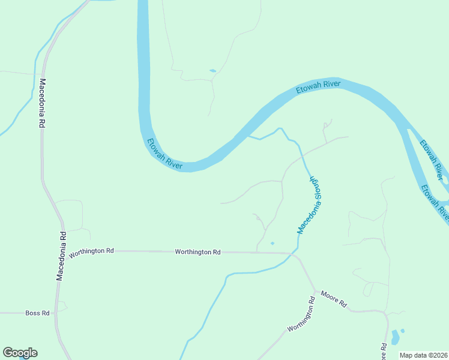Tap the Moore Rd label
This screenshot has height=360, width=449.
point(334,298)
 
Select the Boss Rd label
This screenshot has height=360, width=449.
point(36,313)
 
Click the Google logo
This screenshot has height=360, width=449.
point(20,353)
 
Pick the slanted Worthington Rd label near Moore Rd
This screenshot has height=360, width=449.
point(301,315)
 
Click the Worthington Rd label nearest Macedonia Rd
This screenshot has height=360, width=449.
point(91,253)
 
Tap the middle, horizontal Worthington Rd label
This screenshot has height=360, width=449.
point(197,252)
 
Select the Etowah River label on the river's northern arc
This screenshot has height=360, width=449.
point(318,88)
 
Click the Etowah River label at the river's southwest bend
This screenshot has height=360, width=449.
point(164,154)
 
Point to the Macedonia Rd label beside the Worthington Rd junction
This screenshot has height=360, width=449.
point(61,256)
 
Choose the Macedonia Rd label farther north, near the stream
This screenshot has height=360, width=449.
point(42,103)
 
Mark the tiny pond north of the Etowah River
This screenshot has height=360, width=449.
point(212,71)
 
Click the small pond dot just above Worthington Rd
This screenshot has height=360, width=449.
point(272,243)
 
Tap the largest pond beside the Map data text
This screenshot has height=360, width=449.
point(394,337)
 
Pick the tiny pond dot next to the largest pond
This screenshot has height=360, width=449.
point(402,331)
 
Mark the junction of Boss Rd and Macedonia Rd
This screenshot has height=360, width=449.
point(56,313)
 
